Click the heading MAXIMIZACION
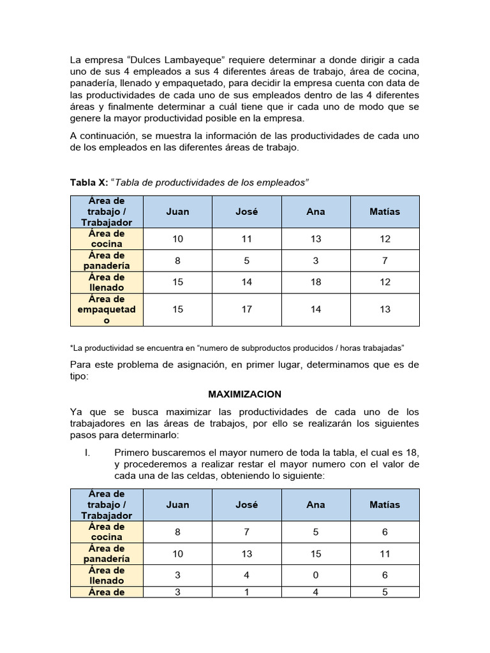(x=244, y=394)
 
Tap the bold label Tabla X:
(x=89, y=183)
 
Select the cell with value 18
(x=316, y=282)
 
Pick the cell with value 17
(x=247, y=309)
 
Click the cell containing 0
(x=316, y=575)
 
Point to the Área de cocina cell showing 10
(x=177, y=238)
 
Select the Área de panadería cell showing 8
(x=177, y=260)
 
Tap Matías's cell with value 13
(x=385, y=309)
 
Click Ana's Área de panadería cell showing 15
(x=316, y=554)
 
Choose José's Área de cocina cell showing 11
(x=247, y=238)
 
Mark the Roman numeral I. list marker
(x=89, y=452)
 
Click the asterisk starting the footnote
(x=71, y=348)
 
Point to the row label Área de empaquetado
(x=107, y=309)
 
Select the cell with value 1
(x=247, y=592)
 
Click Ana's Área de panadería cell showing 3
(x=316, y=260)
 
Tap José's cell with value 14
(x=247, y=282)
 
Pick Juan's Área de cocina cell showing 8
(x=177, y=532)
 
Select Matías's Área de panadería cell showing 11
(x=385, y=554)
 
